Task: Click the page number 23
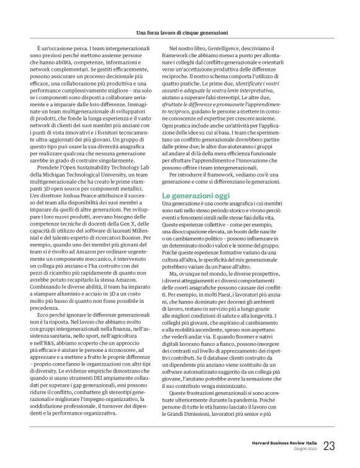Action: pyautogui.click(x=330, y=445)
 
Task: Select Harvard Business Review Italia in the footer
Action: pyautogui.click(x=280, y=442)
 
